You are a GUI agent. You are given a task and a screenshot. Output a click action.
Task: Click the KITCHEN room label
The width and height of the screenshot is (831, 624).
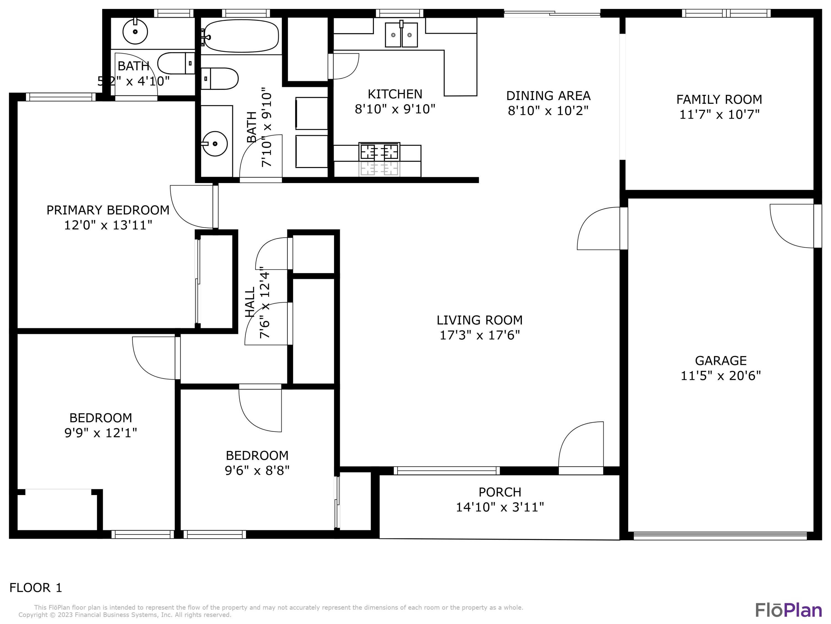coord(395,94)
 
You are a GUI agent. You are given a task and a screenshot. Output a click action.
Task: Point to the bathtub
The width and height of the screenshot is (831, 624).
coord(240,36)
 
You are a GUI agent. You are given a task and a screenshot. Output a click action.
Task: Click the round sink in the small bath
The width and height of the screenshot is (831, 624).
coord(135,32)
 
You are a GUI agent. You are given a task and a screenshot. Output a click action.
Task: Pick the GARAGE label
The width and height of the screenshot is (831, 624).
coord(720,361)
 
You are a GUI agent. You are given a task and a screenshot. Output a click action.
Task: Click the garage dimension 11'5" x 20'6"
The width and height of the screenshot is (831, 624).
coord(720,376)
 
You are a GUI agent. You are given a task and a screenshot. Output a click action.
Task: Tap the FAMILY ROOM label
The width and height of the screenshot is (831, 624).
coord(719,99)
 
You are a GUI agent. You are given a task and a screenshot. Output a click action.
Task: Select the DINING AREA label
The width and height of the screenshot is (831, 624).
coord(548,96)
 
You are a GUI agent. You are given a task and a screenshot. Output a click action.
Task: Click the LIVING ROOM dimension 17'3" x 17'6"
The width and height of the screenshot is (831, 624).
coord(479,335)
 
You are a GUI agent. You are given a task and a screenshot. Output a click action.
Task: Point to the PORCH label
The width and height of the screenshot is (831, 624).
coord(500,492)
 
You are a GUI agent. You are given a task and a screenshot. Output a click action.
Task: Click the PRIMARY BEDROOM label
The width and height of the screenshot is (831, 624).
coord(108,210)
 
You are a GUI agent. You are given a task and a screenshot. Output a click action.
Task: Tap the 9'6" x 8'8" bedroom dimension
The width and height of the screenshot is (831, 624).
coord(257,471)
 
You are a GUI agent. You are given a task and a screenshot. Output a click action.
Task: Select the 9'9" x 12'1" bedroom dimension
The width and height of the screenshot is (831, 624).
coord(100,433)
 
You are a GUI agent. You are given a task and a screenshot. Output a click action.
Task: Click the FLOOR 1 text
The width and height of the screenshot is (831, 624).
coord(36,587)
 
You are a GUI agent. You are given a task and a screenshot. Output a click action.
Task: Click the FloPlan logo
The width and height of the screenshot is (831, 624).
coord(789,610)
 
